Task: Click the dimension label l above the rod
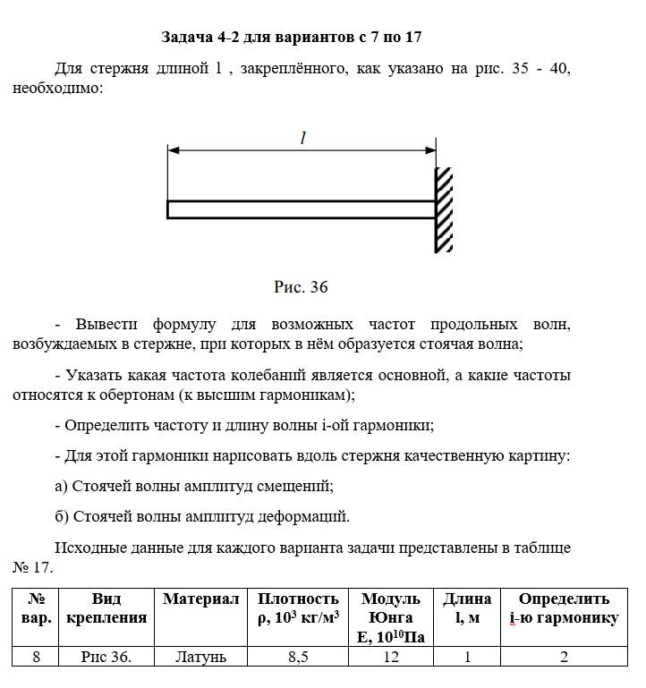tap(302, 138)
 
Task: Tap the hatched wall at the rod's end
tap(445, 209)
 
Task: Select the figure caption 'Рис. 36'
tap(302, 287)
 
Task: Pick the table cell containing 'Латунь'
tap(201, 658)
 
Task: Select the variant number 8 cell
tap(37, 658)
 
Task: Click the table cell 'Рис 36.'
tap(106, 658)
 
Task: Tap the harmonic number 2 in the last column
tap(564, 658)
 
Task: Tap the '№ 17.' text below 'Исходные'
tap(33, 566)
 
